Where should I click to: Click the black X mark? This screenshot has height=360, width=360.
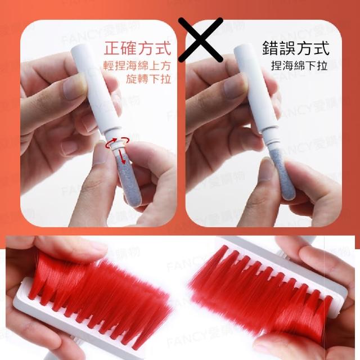tap(200, 39)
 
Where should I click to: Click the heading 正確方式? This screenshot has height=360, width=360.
tap(137, 48)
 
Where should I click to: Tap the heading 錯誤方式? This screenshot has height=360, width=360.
tap(296, 48)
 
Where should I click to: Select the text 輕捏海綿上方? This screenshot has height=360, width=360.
tap(137, 66)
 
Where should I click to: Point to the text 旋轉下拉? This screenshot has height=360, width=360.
tap(148, 79)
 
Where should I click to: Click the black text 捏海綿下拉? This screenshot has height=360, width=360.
tap(299, 66)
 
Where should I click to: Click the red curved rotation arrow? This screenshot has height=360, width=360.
tap(117, 142)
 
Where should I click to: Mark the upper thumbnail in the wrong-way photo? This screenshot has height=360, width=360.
tap(236, 88)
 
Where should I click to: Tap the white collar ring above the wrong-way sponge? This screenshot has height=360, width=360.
tap(271, 143)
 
